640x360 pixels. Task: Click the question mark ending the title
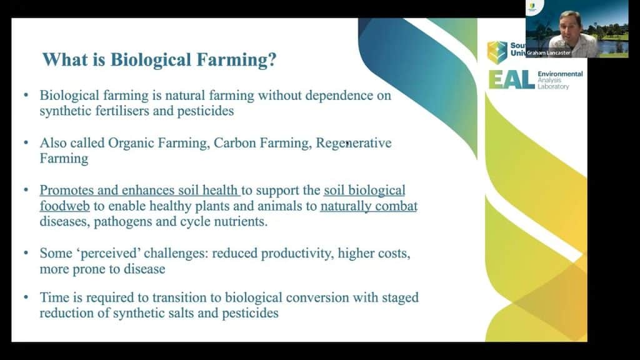click(272, 60)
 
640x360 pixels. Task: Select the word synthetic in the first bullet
click(64, 111)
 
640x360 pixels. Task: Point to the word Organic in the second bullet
click(130, 143)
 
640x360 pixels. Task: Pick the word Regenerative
click(354, 143)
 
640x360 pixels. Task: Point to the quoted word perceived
click(103, 254)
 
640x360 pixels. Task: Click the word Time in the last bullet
click(53, 298)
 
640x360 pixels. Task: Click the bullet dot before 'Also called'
click(26, 143)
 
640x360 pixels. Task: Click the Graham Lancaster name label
click(551, 53)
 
